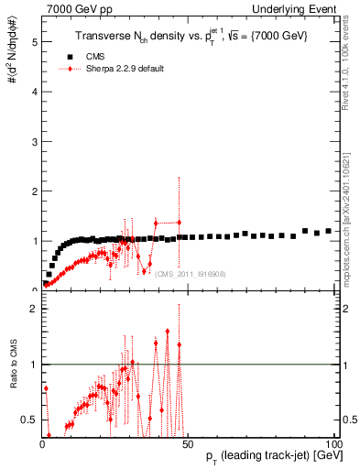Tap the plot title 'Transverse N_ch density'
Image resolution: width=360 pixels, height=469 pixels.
(179, 36)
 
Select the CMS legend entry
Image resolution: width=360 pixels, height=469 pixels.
(94, 56)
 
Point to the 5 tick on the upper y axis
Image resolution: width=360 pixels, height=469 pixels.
(32, 42)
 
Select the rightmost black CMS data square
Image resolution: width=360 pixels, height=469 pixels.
(328, 231)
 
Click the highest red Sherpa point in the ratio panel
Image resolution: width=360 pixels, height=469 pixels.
(167, 331)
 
